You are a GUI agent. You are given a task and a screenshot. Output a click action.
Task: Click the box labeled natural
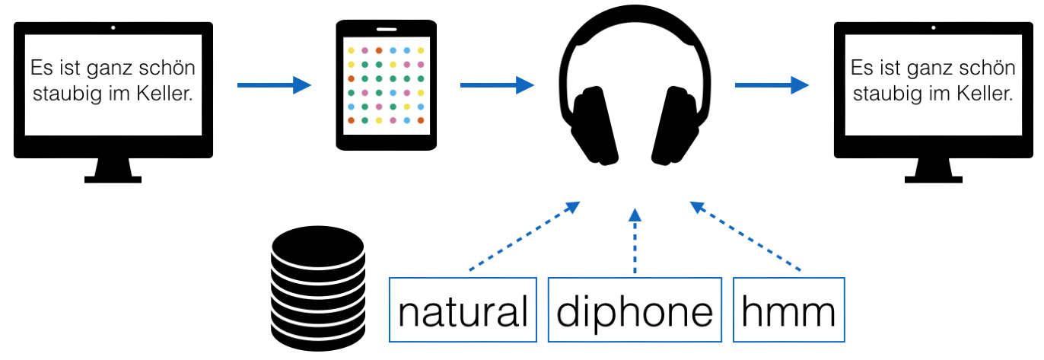click(463, 310)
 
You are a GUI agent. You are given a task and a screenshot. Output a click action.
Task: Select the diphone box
click(635, 310)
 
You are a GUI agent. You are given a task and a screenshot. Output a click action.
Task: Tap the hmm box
click(788, 310)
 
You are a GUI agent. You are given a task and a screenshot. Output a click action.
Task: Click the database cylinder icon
click(318, 288)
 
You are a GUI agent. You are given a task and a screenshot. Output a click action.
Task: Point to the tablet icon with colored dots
click(387, 85)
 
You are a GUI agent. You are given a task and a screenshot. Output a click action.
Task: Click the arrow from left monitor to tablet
click(274, 85)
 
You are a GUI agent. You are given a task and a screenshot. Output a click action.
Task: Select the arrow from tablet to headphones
click(497, 85)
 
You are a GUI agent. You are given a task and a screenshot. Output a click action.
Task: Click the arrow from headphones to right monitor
click(772, 85)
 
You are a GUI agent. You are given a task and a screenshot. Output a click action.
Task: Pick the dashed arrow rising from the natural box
click(524, 236)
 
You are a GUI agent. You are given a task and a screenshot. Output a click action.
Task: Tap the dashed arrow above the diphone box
click(635, 241)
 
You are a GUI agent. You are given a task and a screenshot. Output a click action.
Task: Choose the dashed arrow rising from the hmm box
click(745, 236)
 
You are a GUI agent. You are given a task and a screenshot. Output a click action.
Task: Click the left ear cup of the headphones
click(595, 126)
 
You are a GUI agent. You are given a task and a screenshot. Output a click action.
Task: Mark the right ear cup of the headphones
click(676, 126)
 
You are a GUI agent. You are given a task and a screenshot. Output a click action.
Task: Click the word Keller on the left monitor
click(164, 94)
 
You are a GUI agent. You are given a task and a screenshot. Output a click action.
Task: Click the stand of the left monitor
click(113, 170)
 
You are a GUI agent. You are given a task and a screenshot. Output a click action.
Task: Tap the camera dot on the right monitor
click(933, 28)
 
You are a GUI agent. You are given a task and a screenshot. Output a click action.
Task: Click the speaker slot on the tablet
click(387, 30)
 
